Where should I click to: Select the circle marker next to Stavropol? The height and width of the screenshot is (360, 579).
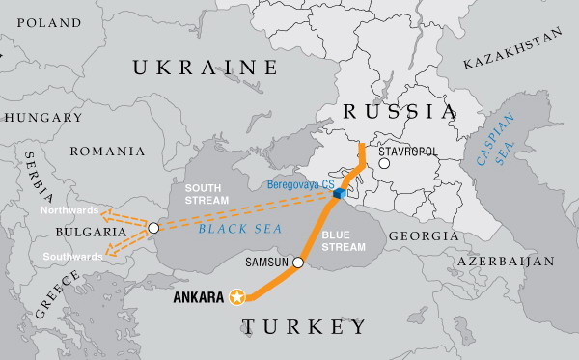(x=384, y=163)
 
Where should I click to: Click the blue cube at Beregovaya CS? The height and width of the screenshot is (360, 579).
(x=340, y=194)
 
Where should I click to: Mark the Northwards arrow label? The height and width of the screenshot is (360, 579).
(x=70, y=209)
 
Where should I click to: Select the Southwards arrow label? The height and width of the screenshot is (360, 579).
(x=70, y=257)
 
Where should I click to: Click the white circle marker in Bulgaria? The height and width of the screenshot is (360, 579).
(x=153, y=228)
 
